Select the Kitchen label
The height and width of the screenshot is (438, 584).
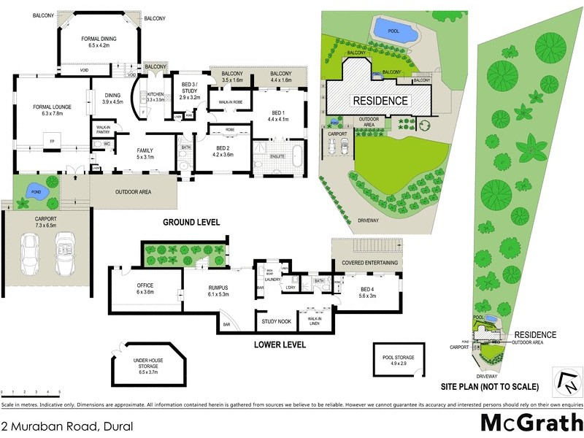tap(156, 96)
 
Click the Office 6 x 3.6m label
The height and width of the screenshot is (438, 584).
tap(145, 288)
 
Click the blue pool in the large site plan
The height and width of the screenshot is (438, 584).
tap(394, 30)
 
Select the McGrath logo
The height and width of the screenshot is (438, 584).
tap(530, 423)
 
